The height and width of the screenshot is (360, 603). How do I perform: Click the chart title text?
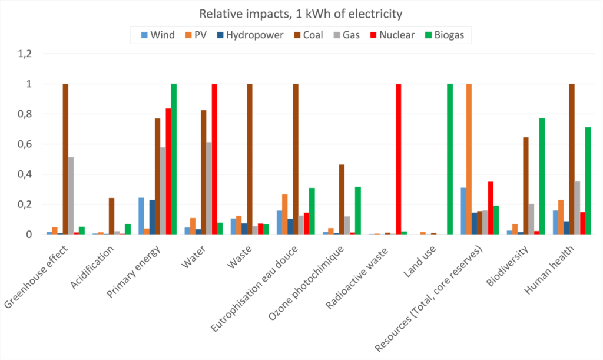pyautogui.click(x=301, y=14)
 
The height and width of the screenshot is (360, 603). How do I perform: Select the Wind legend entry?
pyautogui.click(x=157, y=35)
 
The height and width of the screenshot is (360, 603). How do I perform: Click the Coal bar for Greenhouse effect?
pyautogui.click(x=65, y=159)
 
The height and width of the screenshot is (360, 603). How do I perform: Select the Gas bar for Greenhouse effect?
pyautogui.click(x=71, y=196)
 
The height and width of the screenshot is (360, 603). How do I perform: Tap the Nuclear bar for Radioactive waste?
pyautogui.click(x=399, y=159)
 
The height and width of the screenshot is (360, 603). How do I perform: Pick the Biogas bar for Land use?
pyautogui.click(x=450, y=159)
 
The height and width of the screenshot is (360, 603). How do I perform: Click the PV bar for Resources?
pyautogui.click(x=469, y=159)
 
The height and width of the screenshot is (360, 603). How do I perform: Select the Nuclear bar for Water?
pyautogui.click(x=214, y=159)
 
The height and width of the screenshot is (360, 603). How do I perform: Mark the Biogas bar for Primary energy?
pyautogui.click(x=174, y=159)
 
